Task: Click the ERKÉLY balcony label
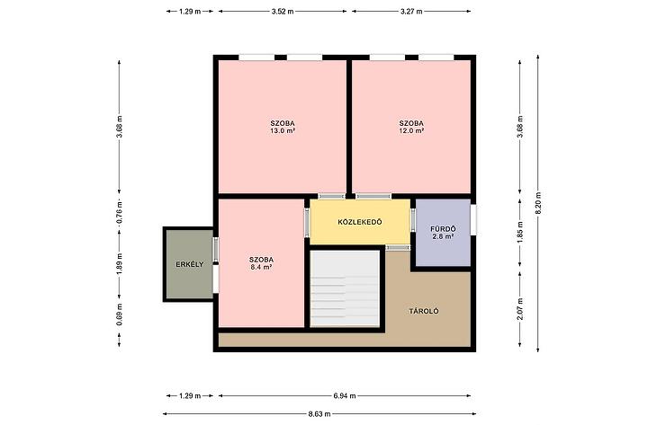pyautogui.click(x=189, y=264)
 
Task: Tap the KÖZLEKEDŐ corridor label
pyautogui.click(x=360, y=222)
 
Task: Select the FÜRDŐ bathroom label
pyautogui.click(x=444, y=229)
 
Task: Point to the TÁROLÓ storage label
pyautogui.click(x=424, y=311)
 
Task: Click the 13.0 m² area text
pyautogui.click(x=283, y=130)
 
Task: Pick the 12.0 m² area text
pyautogui.click(x=411, y=130)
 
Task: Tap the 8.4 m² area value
pyautogui.click(x=261, y=267)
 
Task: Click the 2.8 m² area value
pyautogui.click(x=444, y=236)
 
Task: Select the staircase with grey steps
pyautogui.click(x=345, y=288)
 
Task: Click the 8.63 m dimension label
pyautogui.click(x=319, y=414)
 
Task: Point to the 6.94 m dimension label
pyautogui.click(x=345, y=395)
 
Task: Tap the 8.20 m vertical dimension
pyautogui.click(x=538, y=203)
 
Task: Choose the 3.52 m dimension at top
pyautogui.click(x=283, y=12)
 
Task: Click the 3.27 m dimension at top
pyautogui.click(x=411, y=12)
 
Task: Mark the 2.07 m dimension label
pyautogui.click(x=520, y=309)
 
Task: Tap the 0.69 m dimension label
pyautogui.click(x=120, y=314)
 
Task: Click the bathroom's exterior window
pyautogui.click(x=473, y=219)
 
